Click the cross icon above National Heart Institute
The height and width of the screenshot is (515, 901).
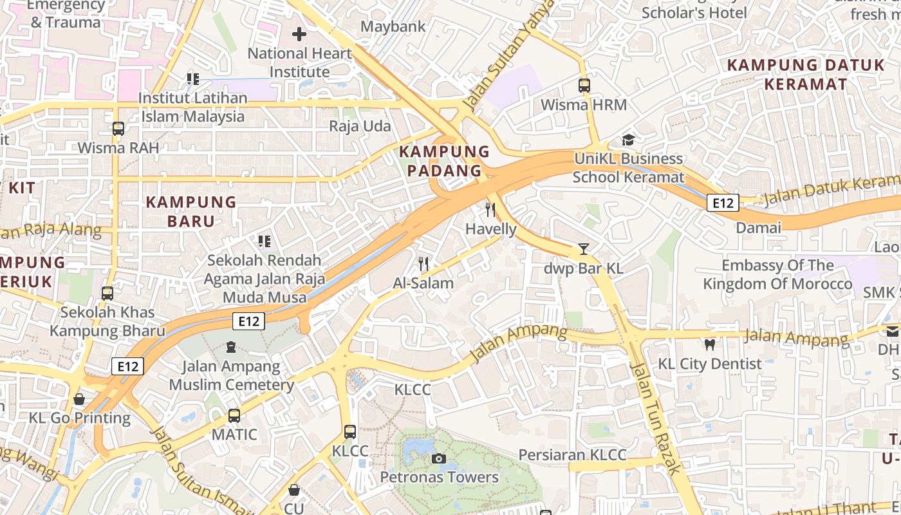pyautogui.click(x=299, y=34)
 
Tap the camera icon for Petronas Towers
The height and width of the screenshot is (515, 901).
pyautogui.click(x=439, y=458)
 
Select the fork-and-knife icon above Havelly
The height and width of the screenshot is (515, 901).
pyautogui.click(x=490, y=209)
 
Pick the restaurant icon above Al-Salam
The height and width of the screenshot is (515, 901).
pyautogui.click(x=423, y=263)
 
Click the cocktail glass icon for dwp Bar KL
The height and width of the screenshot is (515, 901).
pyautogui.click(x=584, y=249)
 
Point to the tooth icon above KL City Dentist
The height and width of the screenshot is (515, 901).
pyautogui.click(x=710, y=345)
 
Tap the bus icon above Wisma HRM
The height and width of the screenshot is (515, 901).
pyautogui.click(x=584, y=85)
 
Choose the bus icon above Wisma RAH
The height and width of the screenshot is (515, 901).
pyautogui.click(x=118, y=128)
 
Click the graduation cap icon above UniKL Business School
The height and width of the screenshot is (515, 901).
pyautogui.click(x=628, y=140)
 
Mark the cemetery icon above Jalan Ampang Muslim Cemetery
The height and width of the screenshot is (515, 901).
pyautogui.click(x=231, y=348)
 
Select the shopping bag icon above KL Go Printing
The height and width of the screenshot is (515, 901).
pyautogui.click(x=79, y=399)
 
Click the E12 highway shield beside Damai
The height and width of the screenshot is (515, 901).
pyautogui.click(x=723, y=203)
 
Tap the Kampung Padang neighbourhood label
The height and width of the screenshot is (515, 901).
pyautogui.click(x=445, y=161)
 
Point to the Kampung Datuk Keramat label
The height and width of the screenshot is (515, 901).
pyautogui.click(x=806, y=74)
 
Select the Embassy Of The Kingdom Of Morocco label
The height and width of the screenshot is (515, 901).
pyautogui.click(x=777, y=274)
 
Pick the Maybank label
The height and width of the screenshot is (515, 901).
pyautogui.click(x=393, y=26)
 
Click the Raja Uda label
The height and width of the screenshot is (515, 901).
pyautogui.click(x=360, y=126)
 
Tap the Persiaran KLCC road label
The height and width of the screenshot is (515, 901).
pyautogui.click(x=572, y=455)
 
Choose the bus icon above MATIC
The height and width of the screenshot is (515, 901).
pyautogui.click(x=234, y=416)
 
